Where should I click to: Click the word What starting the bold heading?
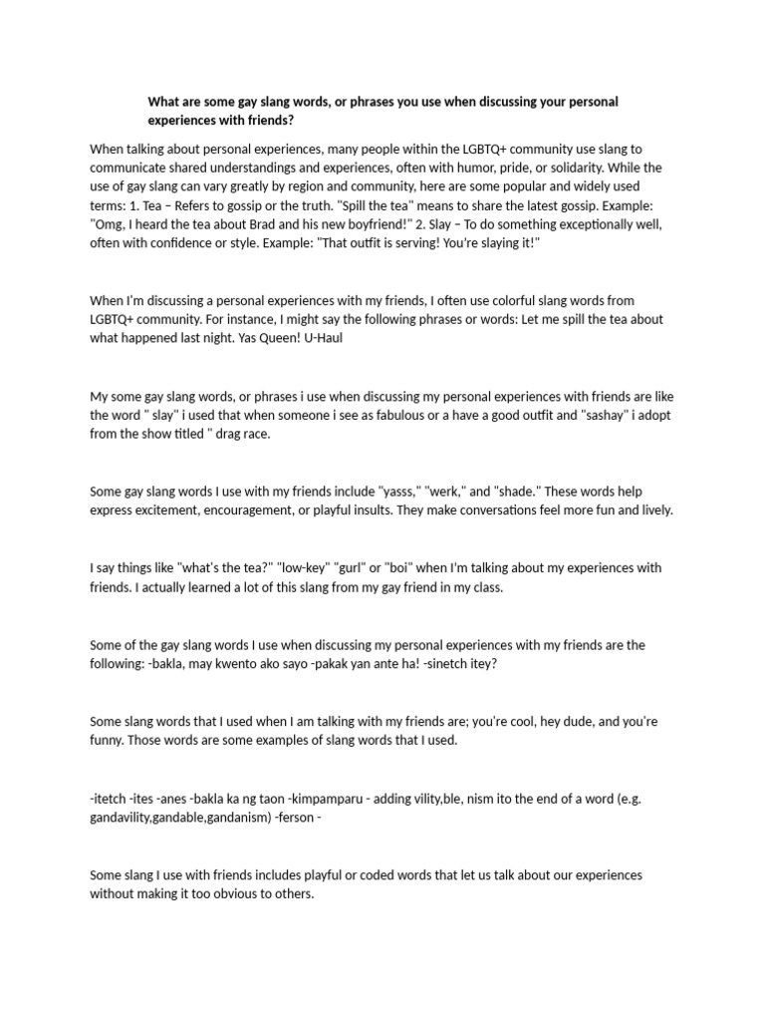[x=164, y=102]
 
